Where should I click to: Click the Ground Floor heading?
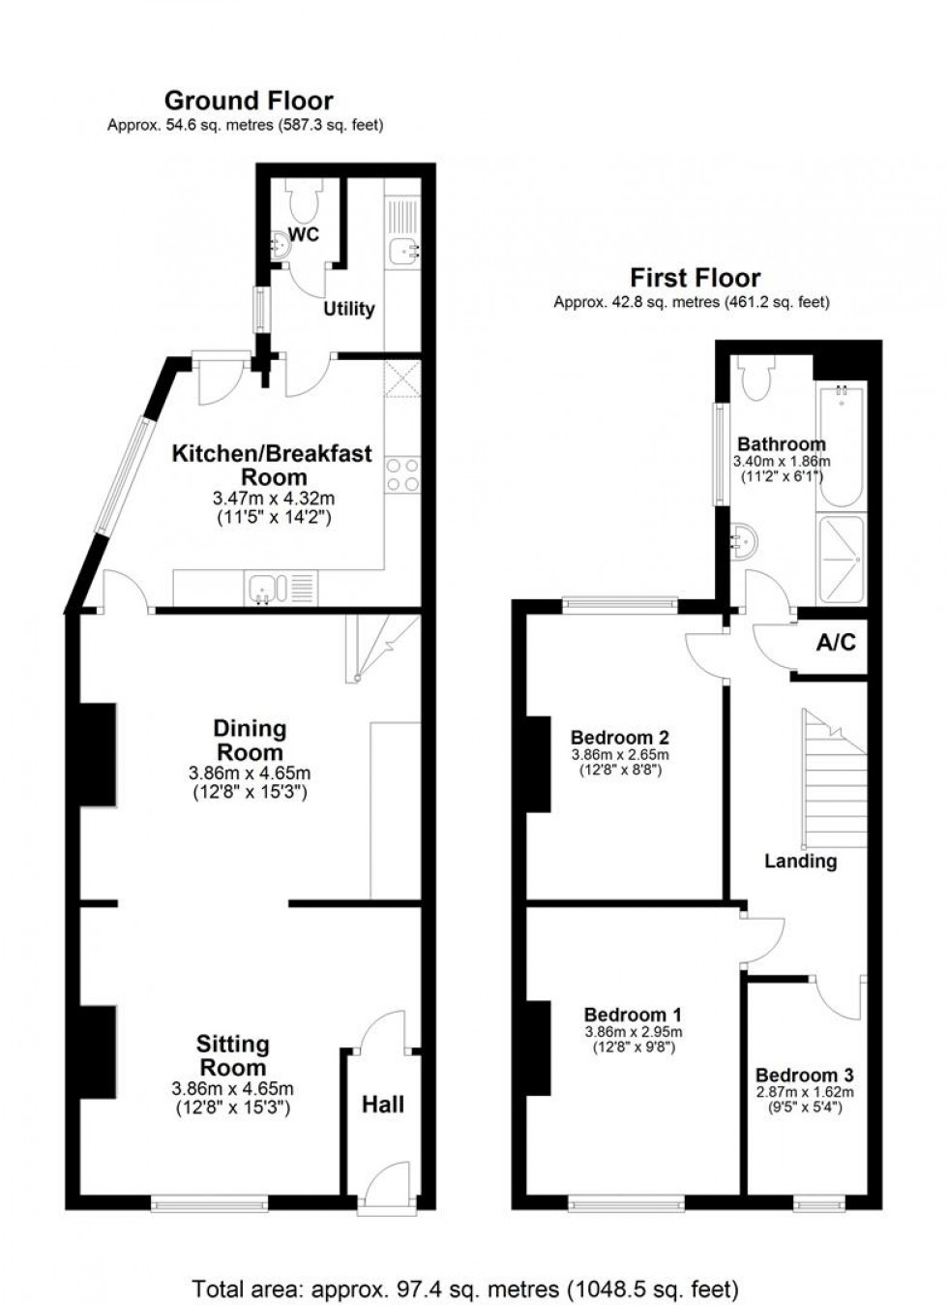[x=249, y=101]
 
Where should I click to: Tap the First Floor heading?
[x=695, y=278]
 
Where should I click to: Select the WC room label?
[x=305, y=235]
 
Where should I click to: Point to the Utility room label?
[x=348, y=309]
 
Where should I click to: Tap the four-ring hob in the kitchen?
[x=402, y=474]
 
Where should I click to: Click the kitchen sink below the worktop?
[x=264, y=587]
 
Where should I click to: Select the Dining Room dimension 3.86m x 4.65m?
[x=249, y=774]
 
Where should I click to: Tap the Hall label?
[x=383, y=1105]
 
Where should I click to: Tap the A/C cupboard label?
[x=836, y=643]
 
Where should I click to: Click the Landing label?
[x=800, y=861]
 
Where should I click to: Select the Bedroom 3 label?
[x=804, y=1076]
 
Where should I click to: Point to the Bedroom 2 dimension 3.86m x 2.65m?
[x=620, y=755]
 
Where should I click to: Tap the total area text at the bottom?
[x=465, y=1290]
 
